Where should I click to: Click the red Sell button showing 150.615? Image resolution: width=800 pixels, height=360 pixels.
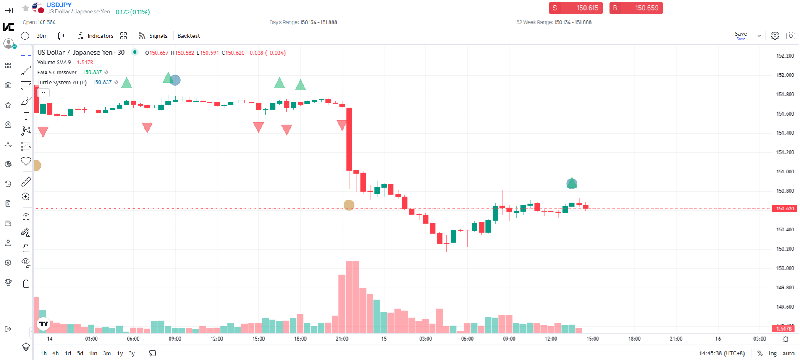575,8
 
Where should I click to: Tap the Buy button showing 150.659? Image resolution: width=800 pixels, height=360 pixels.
636,8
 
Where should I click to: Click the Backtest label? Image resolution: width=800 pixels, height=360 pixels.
189,36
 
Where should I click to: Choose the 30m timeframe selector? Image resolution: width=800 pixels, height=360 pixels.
42,36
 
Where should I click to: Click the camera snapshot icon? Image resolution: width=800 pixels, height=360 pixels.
790,36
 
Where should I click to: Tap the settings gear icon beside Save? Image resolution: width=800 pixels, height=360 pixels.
775,36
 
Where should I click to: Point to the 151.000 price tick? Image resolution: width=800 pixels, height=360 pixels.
785,171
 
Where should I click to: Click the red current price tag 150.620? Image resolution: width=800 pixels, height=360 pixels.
784,208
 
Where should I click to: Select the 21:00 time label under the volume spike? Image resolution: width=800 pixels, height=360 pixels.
342,339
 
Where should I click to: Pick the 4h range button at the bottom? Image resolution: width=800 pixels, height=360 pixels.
55,353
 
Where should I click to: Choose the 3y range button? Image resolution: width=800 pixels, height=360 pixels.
131,353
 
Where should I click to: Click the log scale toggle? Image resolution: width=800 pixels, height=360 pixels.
772,353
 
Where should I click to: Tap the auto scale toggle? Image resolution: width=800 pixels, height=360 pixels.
788,353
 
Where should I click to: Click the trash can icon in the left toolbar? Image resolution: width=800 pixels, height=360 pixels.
26,284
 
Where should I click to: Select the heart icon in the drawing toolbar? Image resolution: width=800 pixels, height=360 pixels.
26,161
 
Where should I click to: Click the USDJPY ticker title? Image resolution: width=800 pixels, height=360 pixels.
59,5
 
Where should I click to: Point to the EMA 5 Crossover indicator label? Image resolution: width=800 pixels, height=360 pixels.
57,72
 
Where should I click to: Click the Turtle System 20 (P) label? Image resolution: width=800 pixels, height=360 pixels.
62,82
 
